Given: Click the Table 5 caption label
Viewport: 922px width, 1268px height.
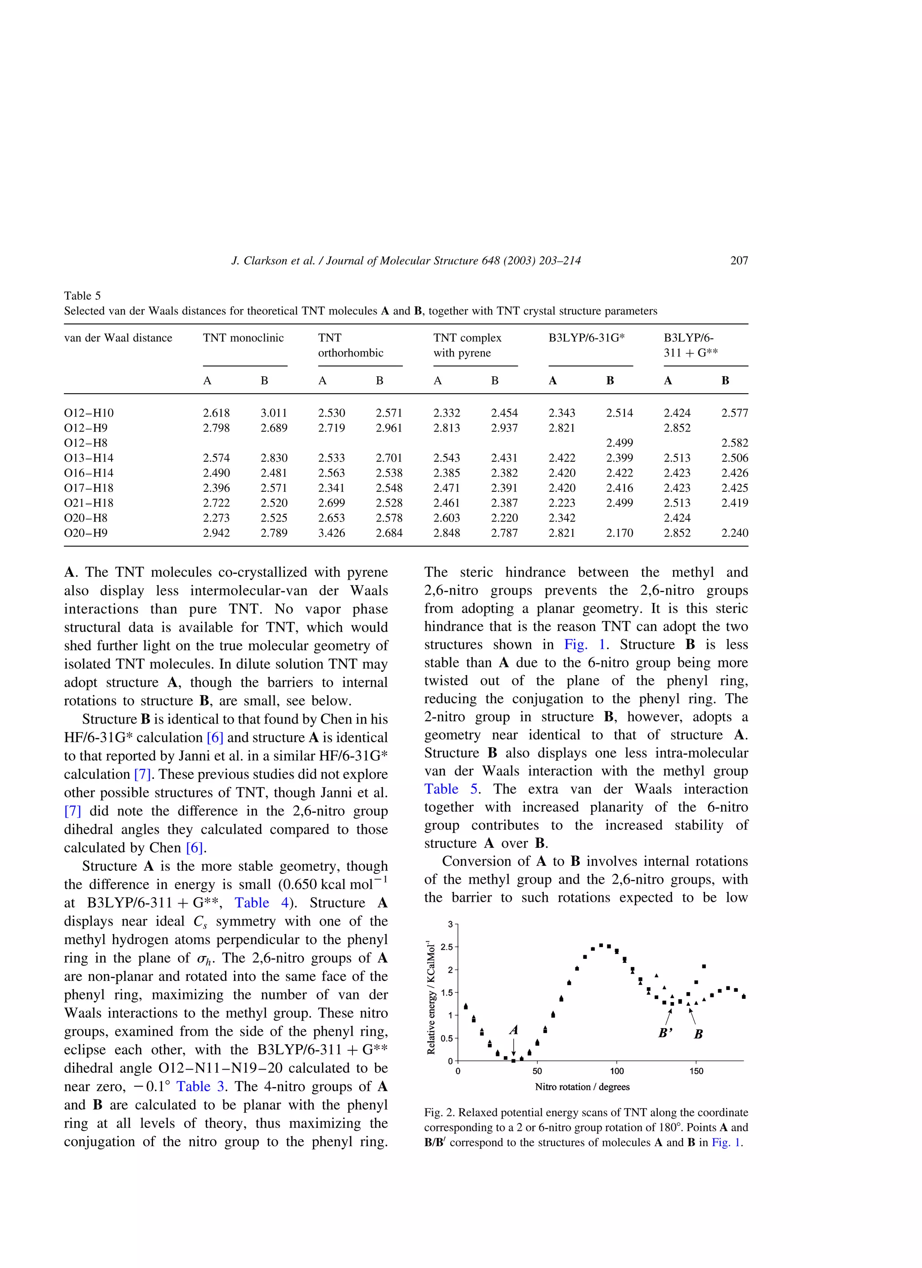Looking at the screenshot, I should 82,296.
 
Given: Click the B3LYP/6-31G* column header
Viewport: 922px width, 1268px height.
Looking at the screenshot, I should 586,337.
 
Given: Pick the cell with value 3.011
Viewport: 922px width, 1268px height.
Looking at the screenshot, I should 274,413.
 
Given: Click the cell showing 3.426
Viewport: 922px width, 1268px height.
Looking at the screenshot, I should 331,533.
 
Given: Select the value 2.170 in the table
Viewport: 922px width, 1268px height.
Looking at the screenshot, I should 619,533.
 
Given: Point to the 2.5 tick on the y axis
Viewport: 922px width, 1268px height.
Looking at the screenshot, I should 447,947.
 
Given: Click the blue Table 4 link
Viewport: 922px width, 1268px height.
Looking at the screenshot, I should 252,903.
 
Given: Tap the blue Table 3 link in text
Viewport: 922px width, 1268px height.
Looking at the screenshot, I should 200,1086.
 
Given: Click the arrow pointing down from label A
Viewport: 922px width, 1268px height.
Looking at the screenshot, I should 514,1047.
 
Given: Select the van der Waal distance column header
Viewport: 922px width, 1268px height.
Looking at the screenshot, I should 118,337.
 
